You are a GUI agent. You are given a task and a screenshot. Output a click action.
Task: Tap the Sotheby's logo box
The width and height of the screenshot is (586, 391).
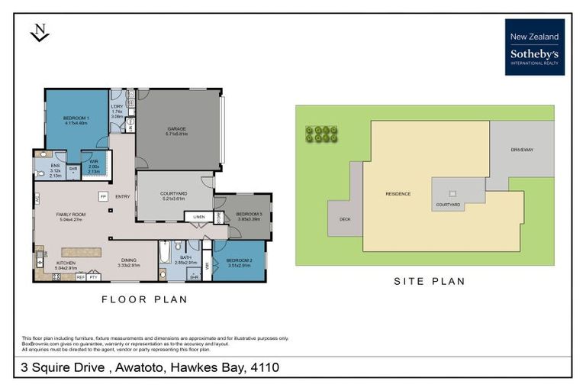pyautogui.click(x=534, y=47)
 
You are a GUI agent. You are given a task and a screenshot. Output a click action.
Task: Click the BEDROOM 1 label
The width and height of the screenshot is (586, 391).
pyautogui.click(x=77, y=119)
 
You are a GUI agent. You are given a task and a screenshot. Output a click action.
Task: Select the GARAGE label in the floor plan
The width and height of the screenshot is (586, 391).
pyautogui.click(x=177, y=131)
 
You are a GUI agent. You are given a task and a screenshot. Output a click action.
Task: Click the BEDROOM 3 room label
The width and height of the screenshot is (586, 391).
pyautogui.click(x=249, y=216)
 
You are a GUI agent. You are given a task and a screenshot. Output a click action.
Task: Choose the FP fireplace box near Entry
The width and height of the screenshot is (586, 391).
pyautogui.click(x=101, y=196)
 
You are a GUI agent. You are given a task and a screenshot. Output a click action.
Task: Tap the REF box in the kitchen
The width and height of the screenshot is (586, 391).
pyautogui.click(x=81, y=277)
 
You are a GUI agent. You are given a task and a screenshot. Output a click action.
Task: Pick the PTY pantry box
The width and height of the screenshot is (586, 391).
pyautogui.click(x=94, y=277)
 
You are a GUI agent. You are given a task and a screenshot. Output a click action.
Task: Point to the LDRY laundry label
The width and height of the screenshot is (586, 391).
pyautogui.click(x=117, y=111)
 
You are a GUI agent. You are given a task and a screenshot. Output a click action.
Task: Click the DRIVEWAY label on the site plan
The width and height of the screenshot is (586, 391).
pyautogui.click(x=522, y=150)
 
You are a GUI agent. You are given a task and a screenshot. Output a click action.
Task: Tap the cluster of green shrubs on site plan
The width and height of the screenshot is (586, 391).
pyautogui.click(x=321, y=134)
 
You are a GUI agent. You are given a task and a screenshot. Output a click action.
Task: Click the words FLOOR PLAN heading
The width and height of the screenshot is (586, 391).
pyautogui.click(x=144, y=299)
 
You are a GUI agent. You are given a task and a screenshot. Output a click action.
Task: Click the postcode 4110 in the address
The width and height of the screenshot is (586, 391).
pyautogui.click(x=262, y=368)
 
